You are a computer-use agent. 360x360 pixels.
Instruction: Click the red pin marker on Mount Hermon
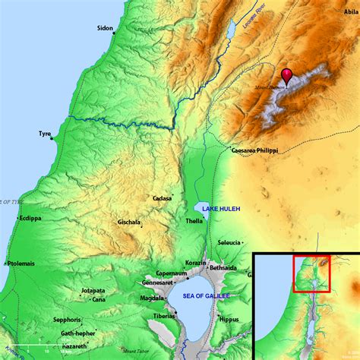click(x=286, y=76)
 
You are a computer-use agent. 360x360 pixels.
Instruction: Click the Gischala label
click(x=128, y=223)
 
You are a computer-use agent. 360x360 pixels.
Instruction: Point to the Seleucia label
click(x=230, y=242)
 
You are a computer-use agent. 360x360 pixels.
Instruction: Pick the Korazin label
click(x=195, y=262)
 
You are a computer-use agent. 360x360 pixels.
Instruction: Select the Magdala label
click(x=153, y=298)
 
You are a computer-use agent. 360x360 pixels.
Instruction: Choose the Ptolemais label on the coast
click(x=22, y=264)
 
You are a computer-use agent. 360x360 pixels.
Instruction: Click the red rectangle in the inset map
click(x=311, y=273)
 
